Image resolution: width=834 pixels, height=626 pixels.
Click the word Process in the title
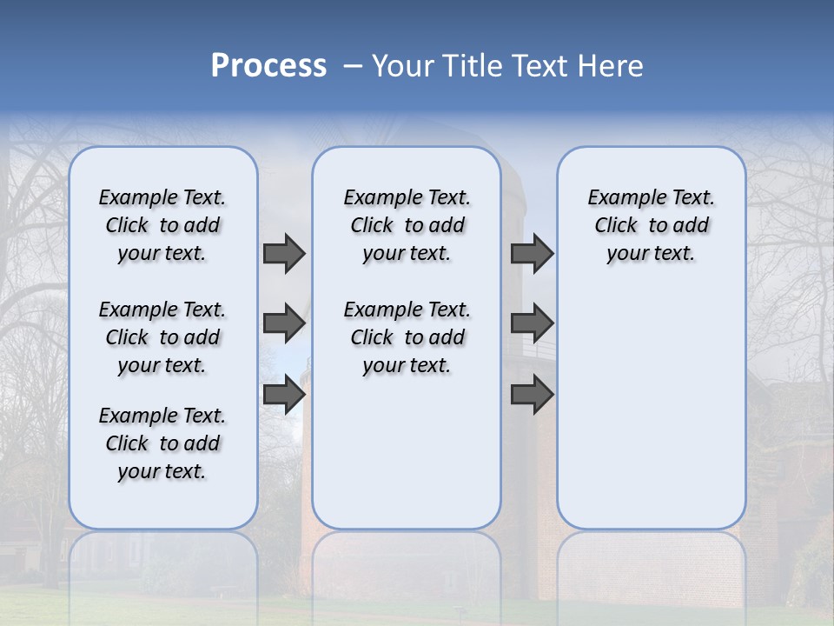268,66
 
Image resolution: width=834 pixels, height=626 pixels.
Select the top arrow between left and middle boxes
283,254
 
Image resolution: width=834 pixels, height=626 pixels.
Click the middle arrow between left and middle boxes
283,324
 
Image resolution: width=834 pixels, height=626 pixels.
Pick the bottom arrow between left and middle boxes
283,395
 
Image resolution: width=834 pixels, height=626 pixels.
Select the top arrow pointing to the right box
532,254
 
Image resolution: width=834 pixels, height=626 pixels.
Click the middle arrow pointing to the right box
532,324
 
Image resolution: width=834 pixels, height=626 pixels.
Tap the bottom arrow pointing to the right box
532,395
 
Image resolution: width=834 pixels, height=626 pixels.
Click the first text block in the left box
162,225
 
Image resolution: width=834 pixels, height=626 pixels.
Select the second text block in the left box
162,337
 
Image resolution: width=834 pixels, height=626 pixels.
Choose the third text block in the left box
162,443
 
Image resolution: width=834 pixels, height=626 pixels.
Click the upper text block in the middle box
407,225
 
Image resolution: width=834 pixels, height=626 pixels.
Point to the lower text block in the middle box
407,337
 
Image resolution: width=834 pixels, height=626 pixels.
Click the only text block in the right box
651,225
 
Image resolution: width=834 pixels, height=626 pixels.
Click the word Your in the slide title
402,66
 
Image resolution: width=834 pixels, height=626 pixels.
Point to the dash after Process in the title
352,66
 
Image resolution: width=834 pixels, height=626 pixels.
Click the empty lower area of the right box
651,409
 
